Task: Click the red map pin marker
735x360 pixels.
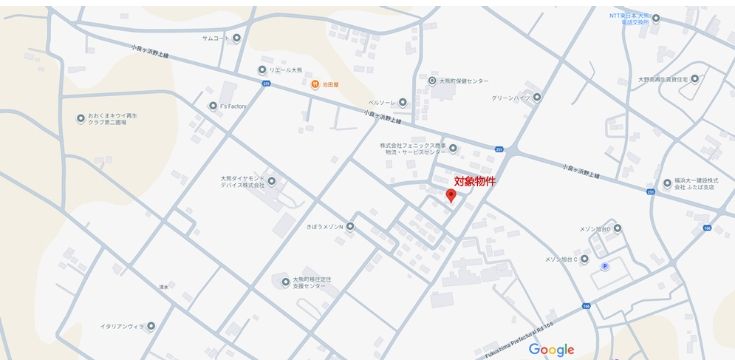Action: coord(451,195)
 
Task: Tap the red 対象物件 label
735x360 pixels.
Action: coord(475,181)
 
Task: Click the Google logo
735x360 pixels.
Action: coord(551,349)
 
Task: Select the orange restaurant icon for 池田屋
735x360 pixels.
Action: coord(313,83)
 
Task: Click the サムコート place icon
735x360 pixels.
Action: coord(237,38)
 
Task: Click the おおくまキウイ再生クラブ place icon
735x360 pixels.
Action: coord(81,118)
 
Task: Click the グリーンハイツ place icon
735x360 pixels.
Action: coord(537,97)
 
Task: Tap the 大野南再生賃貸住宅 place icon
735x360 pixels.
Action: coord(695,78)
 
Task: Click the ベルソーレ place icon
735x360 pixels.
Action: coord(403,103)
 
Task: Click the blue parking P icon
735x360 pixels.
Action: coord(604,265)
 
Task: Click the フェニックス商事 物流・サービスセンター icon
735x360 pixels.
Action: coord(452,149)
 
